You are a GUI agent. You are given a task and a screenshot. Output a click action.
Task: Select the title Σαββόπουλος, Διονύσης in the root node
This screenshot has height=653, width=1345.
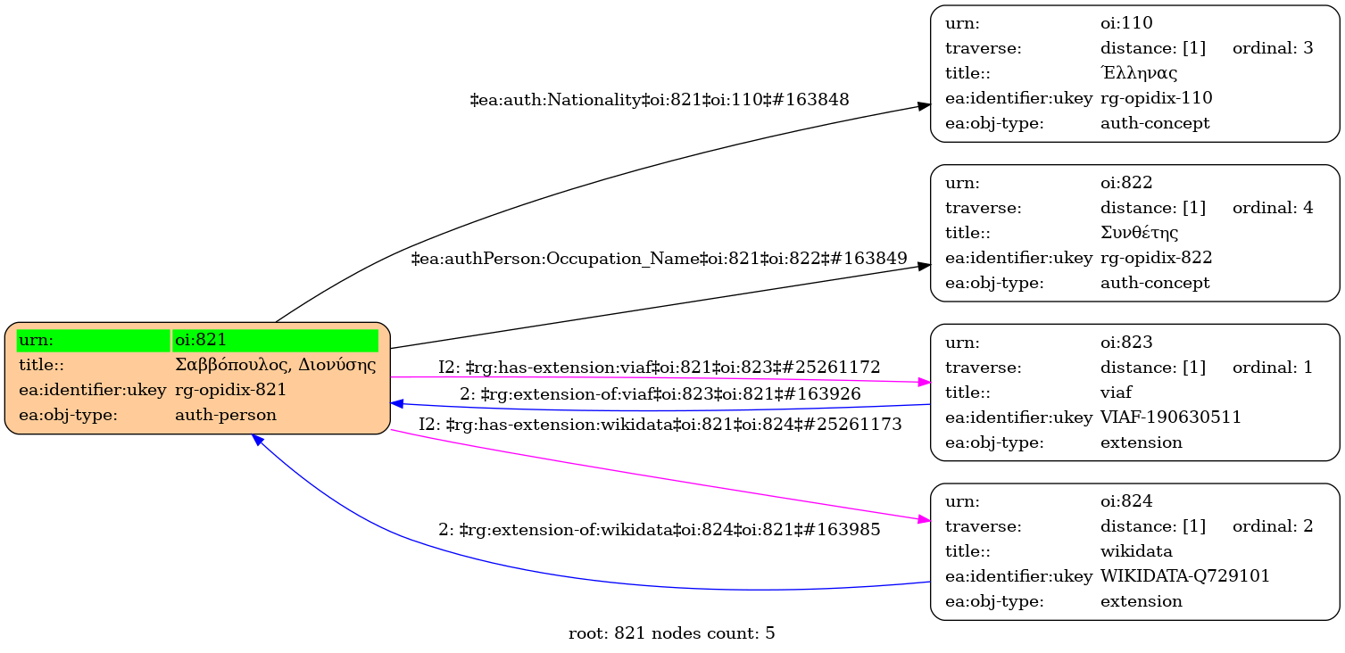point(275,365)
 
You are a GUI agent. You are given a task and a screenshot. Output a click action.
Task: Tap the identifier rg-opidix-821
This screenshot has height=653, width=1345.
point(230,390)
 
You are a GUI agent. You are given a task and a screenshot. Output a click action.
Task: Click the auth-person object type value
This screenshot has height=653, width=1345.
point(226,415)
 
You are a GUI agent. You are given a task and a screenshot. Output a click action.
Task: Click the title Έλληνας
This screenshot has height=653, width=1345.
point(1139,73)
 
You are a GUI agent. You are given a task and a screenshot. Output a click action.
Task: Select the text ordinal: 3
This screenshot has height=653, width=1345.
point(1273,48)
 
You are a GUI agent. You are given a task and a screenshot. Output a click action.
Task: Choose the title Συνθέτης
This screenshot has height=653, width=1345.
point(1140,233)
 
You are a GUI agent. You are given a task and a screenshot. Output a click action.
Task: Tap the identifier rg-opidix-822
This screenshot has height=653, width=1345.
point(1156,258)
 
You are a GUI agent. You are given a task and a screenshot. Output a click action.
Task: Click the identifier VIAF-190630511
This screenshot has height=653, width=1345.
point(1171,417)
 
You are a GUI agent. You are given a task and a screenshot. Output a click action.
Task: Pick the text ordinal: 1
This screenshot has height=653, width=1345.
point(1273,367)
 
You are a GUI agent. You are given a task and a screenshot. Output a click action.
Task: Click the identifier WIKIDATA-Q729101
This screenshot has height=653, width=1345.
point(1185,576)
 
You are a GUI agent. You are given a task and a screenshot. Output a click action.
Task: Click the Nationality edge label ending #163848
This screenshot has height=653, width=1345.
point(659,100)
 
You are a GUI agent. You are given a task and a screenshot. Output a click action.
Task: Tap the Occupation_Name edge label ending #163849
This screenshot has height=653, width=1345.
point(659,259)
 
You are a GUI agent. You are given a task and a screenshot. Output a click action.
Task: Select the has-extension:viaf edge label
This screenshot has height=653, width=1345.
point(659,367)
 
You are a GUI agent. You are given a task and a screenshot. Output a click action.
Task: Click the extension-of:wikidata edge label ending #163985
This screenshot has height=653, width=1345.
point(659,530)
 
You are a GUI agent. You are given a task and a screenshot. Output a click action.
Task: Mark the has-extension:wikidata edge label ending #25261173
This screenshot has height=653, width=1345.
point(660,425)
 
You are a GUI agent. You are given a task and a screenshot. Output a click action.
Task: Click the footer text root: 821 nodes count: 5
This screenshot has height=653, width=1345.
point(671,634)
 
